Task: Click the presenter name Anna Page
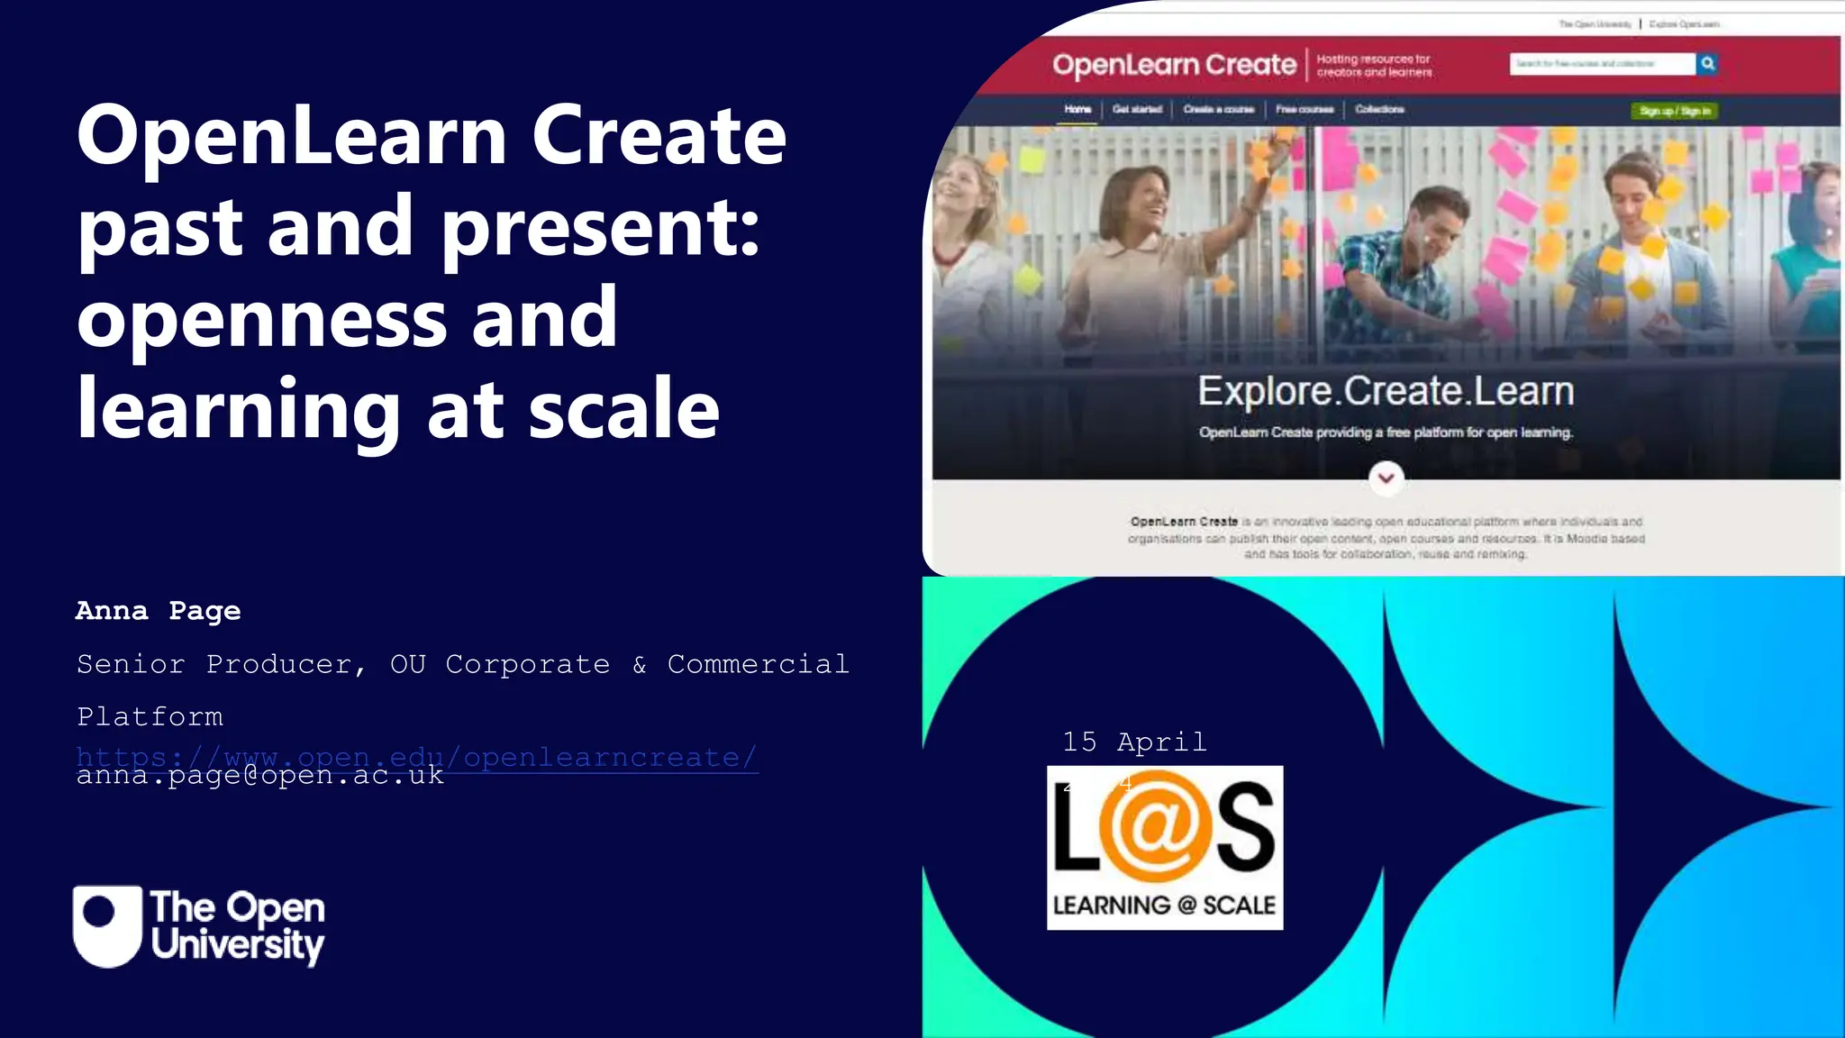(x=158, y=611)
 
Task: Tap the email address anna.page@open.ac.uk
(x=259, y=777)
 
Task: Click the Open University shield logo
(x=107, y=926)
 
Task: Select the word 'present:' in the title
(x=601, y=227)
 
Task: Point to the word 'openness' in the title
(x=262, y=319)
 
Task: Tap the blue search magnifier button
(x=1707, y=64)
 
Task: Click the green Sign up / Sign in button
(x=1675, y=111)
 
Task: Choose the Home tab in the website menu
(x=1077, y=109)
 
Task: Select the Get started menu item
(x=1137, y=109)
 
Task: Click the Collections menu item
(x=1379, y=109)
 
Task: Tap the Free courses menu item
(x=1304, y=109)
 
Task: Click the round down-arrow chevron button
(x=1386, y=478)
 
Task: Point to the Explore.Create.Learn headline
(x=1386, y=391)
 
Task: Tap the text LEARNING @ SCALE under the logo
(x=1164, y=905)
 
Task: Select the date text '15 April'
(x=1134, y=742)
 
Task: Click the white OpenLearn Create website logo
(x=1174, y=65)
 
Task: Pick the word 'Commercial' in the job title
(x=758, y=664)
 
